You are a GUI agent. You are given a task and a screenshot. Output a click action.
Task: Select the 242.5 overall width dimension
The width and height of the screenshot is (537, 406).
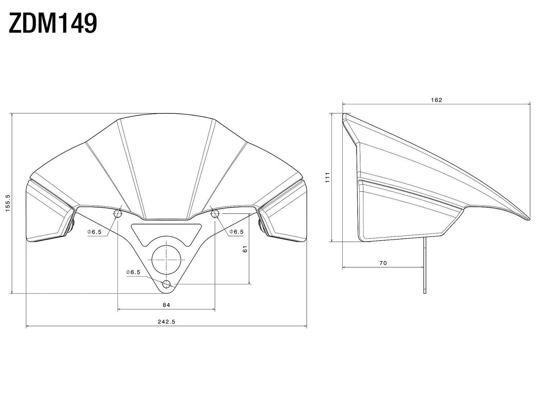166,322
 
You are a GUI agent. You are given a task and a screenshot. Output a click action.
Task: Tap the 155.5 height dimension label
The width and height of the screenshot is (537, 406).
8,203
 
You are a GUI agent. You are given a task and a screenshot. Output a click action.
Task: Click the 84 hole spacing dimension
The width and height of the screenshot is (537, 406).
166,305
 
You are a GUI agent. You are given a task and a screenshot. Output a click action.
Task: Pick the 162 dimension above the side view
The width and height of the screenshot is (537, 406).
436,100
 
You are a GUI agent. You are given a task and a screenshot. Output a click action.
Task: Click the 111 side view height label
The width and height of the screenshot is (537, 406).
328,177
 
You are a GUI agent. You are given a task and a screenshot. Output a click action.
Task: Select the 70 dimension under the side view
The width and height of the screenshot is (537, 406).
383,263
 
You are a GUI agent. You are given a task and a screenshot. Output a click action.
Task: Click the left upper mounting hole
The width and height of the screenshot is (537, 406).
118,214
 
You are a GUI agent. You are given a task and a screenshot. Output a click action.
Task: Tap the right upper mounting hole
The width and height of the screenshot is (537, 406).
215,214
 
